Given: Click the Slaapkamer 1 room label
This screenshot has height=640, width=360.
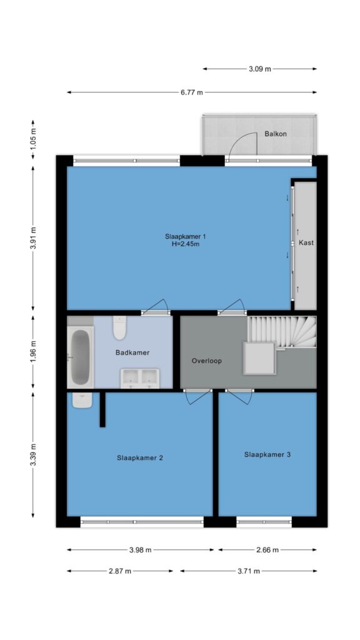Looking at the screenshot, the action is [x=185, y=236].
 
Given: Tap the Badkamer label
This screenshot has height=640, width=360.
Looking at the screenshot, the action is [x=132, y=352].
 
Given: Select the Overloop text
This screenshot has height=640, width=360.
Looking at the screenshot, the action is [x=206, y=361].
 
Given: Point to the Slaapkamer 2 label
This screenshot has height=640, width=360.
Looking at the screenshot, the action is [x=140, y=458].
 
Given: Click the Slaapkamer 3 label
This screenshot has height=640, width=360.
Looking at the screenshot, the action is [x=267, y=454].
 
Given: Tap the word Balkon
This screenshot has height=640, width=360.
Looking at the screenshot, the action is [x=276, y=134].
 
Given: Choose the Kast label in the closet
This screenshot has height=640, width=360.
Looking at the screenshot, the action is [x=306, y=242].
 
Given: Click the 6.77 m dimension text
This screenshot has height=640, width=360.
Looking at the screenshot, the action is [x=192, y=92].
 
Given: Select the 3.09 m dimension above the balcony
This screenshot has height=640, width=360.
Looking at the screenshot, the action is [x=260, y=69].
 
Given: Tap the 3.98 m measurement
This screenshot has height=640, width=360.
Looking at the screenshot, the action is [x=141, y=550].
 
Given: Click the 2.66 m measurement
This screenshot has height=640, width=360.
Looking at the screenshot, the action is [x=267, y=550].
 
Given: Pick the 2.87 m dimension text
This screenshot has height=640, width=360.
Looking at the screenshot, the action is [x=120, y=571].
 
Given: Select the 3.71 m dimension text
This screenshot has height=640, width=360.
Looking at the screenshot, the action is [x=249, y=571].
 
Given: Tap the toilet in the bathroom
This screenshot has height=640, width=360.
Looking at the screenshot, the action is [x=119, y=327].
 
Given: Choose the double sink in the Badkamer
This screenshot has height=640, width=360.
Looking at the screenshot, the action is [x=140, y=378].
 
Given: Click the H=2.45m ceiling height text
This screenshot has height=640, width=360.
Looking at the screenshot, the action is [x=185, y=244].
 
